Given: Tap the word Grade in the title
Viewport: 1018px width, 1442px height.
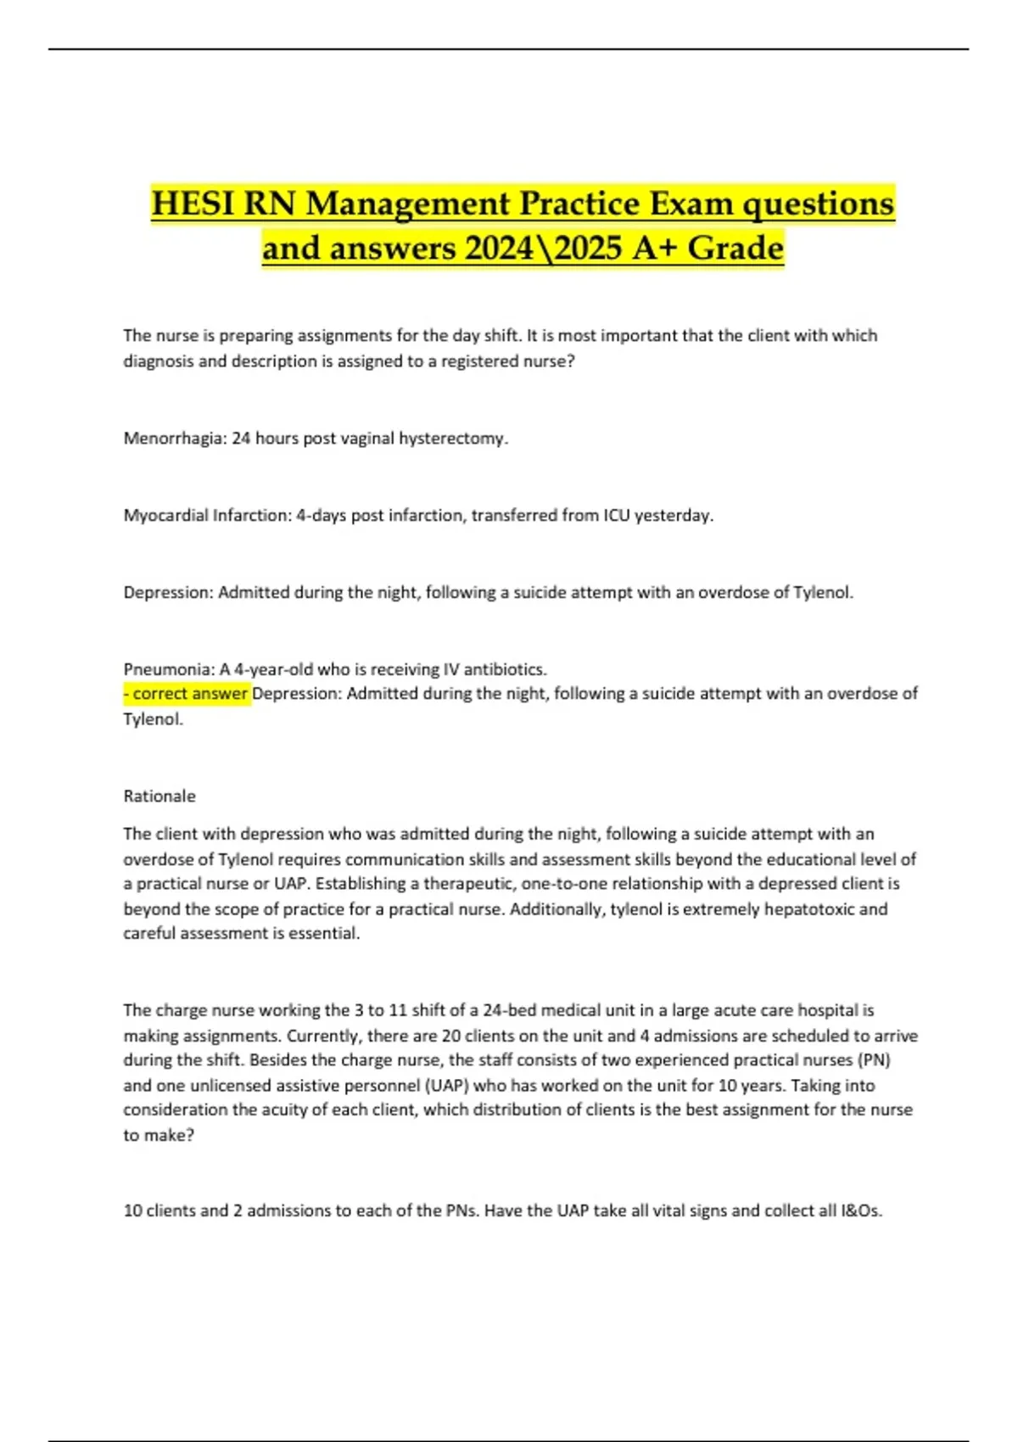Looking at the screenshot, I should click(736, 248).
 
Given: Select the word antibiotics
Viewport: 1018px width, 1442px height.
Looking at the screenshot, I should click(506, 669).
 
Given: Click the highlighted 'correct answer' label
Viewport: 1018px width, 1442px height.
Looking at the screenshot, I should click(187, 694).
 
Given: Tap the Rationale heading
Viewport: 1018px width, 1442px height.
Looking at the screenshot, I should click(159, 796).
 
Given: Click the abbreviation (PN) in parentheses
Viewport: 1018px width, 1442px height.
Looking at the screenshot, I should click(874, 1060).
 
